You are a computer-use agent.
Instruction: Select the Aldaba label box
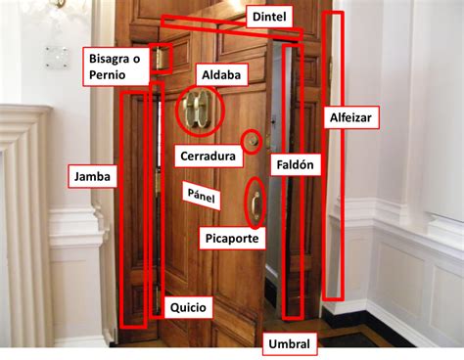[219, 75]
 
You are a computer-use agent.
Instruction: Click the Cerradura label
[208, 155]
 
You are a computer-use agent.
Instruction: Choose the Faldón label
[295, 164]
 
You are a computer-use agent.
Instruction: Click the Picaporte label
[230, 237]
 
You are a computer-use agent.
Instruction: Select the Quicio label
[188, 307]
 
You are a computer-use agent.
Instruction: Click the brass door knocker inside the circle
[198, 110]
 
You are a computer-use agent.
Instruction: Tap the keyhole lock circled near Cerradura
[252, 143]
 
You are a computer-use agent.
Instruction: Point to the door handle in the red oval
[255, 203]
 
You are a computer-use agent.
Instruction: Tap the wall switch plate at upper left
[57, 56]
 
